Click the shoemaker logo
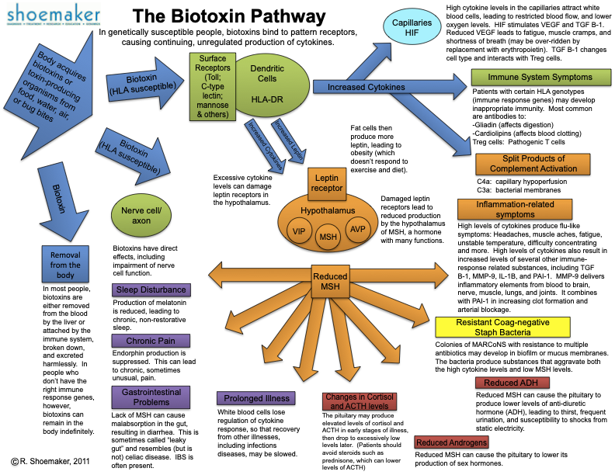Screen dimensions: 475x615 50,18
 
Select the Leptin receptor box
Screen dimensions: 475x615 327,183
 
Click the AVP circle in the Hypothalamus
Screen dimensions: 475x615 358,230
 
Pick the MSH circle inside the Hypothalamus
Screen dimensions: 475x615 328,236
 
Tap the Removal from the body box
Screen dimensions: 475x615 65,264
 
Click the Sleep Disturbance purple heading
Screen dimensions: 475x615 150,291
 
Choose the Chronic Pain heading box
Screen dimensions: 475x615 150,341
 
